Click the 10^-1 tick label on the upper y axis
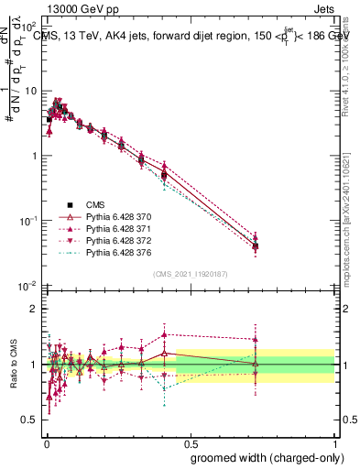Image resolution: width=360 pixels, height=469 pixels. pos(31,221)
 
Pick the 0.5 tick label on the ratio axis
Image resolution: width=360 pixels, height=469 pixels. pos(32,420)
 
